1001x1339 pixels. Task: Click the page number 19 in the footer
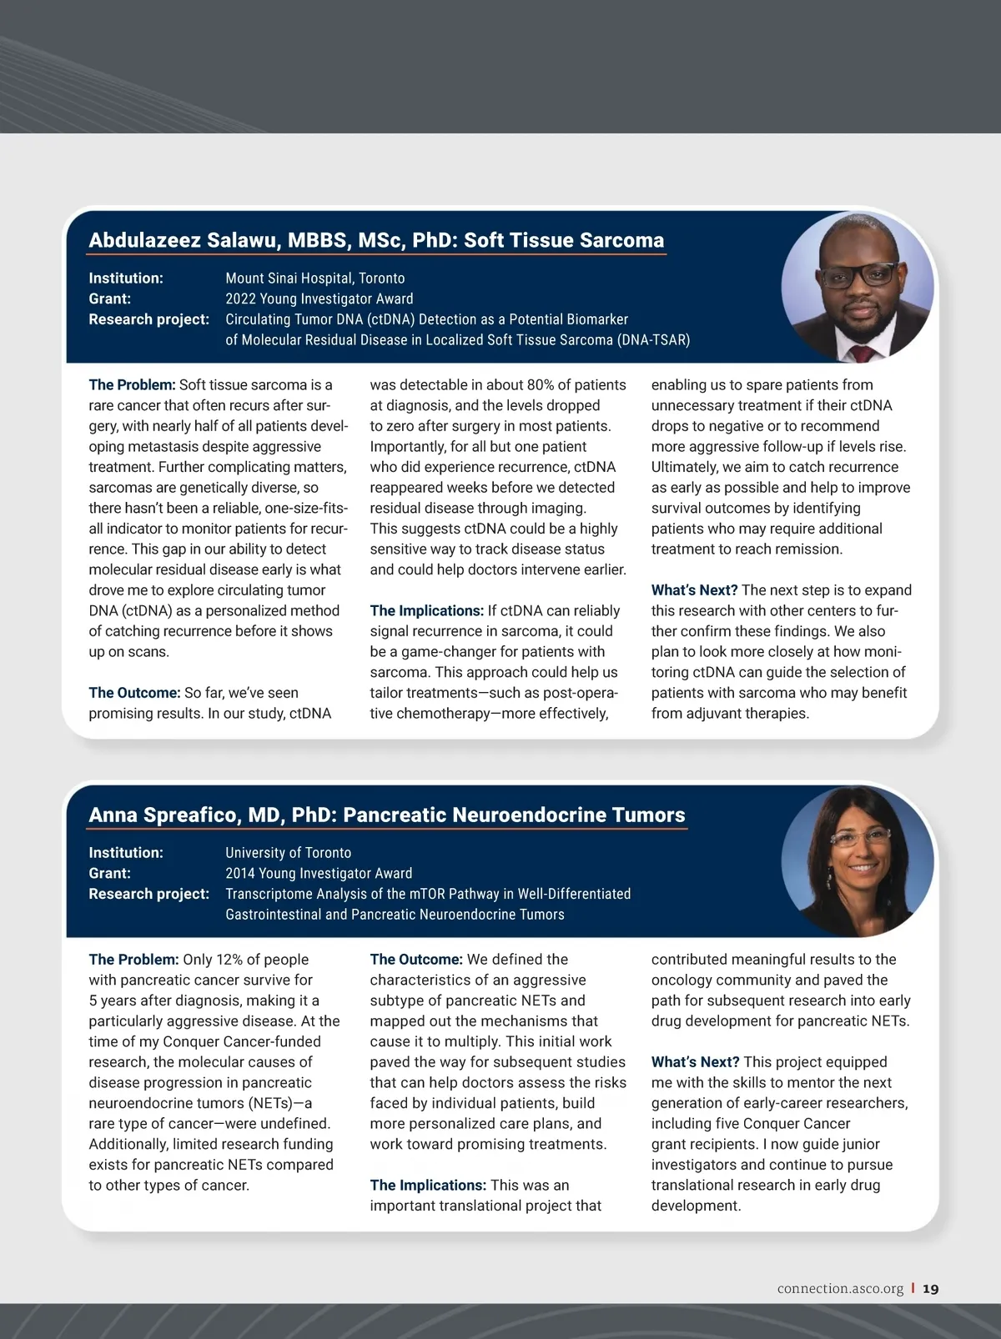[931, 1288]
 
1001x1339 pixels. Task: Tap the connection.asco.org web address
[840, 1288]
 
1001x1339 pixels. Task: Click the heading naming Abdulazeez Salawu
[376, 240]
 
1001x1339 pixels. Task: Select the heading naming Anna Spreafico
[387, 815]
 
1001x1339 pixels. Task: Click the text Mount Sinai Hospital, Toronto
[314, 278]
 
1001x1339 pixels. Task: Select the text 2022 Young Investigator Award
[319, 298]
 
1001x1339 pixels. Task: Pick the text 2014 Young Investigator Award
[319, 873]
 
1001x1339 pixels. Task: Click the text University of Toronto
[288, 853]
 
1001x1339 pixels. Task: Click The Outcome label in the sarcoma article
[134, 693]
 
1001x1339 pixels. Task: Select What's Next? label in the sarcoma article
[694, 590]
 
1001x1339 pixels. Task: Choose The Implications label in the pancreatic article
[428, 1186]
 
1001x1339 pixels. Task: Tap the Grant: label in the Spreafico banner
[109, 873]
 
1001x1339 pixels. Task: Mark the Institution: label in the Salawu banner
[126, 278]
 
